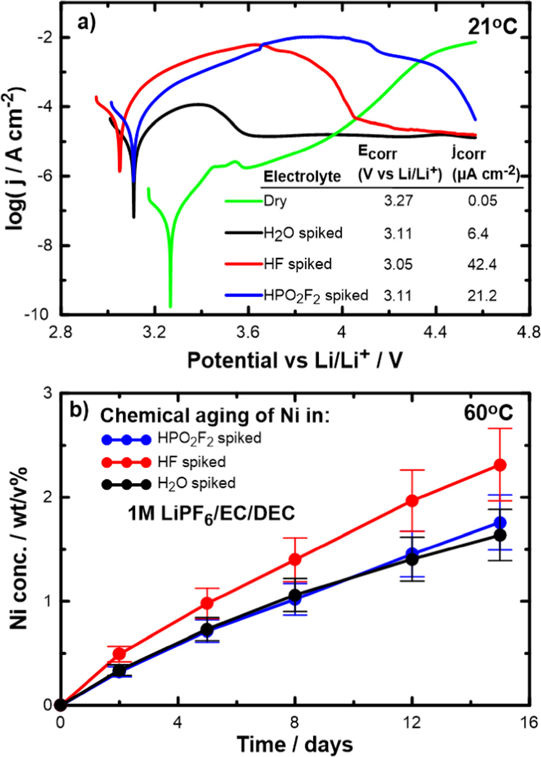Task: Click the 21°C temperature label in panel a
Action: (x=485, y=26)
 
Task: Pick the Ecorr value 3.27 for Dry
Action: (x=398, y=201)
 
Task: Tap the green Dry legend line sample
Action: (x=243, y=201)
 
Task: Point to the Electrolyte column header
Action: (x=301, y=176)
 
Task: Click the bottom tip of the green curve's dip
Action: (x=170, y=306)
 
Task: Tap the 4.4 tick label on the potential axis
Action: (x=435, y=331)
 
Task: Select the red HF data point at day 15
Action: (x=500, y=465)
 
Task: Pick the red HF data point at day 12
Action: (x=412, y=501)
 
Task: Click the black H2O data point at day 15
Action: (x=500, y=535)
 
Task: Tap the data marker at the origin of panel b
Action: (x=61, y=705)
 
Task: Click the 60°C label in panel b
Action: (x=487, y=413)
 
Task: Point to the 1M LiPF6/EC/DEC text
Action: (x=211, y=512)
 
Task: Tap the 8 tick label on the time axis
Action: (x=294, y=723)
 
